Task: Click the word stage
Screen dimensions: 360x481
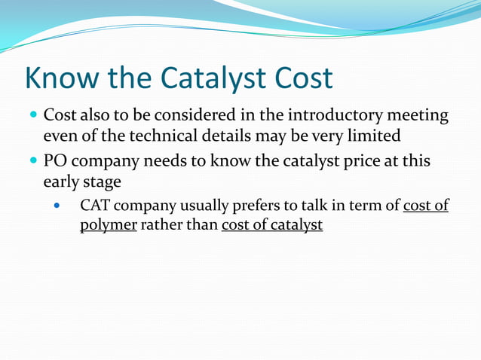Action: [103, 183]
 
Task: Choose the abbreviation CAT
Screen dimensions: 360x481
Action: [96, 206]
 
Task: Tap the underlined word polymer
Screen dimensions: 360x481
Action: [108, 226]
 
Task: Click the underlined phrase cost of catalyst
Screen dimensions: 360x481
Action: [272, 225]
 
